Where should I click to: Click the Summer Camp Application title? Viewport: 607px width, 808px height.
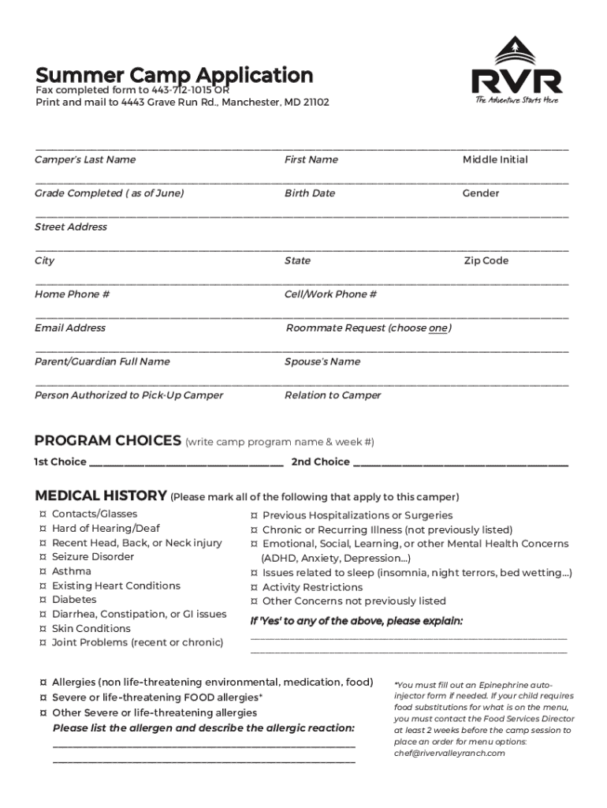pos(174,76)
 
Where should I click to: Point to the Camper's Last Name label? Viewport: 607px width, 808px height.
pos(85,159)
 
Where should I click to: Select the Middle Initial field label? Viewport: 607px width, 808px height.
pos(495,159)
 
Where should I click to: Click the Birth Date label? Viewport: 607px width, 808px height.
pos(310,193)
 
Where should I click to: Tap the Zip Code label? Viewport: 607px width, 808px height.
pos(486,260)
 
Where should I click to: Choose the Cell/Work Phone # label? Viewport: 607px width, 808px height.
pos(330,294)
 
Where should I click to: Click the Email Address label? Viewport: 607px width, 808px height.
pos(70,327)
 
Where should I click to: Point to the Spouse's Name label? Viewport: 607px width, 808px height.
pos(322,361)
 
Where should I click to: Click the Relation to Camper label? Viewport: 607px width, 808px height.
pos(333,395)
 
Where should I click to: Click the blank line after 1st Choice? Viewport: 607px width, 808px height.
pos(186,463)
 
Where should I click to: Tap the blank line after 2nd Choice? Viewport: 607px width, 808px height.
pos(460,463)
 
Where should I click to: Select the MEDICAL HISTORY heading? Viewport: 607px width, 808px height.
pos(101,496)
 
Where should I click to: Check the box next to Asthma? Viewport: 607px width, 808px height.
pos(42,571)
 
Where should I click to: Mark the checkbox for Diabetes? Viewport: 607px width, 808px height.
pos(42,600)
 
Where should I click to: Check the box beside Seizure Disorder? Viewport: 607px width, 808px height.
pos(42,557)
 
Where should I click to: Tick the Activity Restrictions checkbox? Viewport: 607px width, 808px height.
pos(254,587)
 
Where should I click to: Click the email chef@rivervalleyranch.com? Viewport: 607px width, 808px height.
pos(449,753)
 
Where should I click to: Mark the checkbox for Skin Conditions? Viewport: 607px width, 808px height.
pos(42,629)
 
